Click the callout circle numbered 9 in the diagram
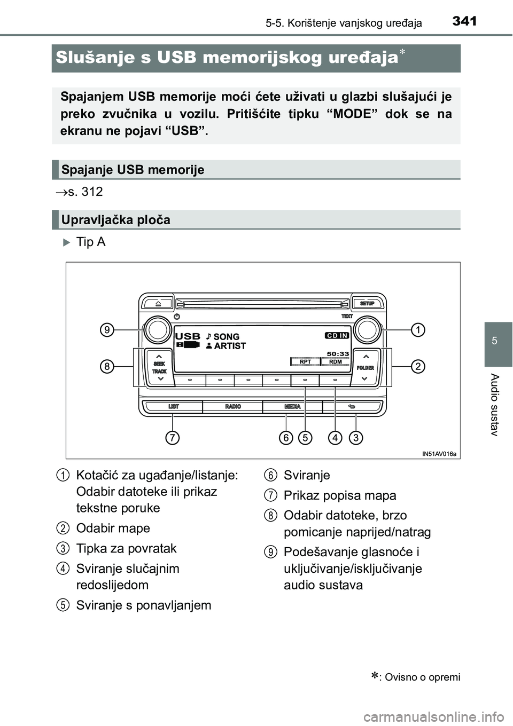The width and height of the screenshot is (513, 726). coord(108,330)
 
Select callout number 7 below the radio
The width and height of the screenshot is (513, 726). coord(172,438)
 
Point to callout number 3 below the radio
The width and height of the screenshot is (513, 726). coord(356,438)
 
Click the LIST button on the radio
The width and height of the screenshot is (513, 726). coord(174,407)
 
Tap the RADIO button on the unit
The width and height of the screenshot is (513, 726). coord(233,407)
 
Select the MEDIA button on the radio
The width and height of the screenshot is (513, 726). coord(292,407)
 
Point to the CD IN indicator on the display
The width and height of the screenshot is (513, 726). coord(337,335)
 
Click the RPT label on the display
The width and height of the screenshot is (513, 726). coord(306,361)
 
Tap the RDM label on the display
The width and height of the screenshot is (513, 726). coord(336,361)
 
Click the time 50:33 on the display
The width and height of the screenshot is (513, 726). coord(337,353)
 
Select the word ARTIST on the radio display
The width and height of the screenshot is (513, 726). coord(230,346)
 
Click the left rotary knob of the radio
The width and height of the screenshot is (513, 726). coord(158,330)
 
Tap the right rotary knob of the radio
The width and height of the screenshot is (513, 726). coord(367,330)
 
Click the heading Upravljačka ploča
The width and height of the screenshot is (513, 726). coord(116,220)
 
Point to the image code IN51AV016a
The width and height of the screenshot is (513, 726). coord(439,454)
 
